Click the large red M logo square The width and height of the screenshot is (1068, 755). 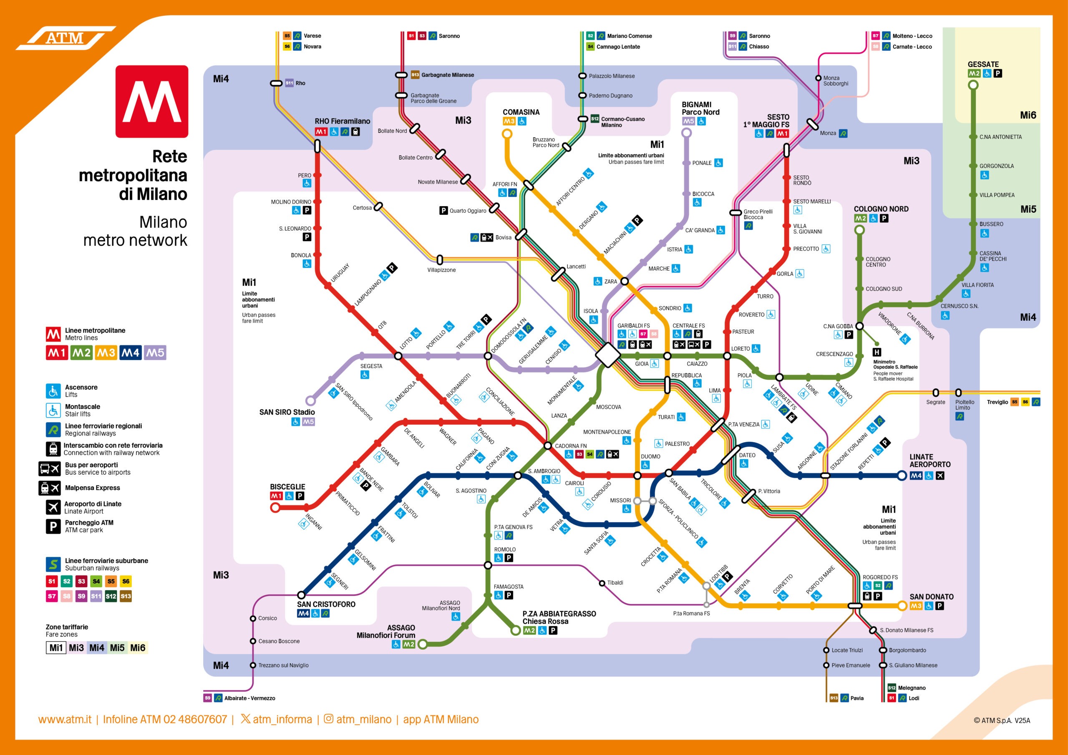151,101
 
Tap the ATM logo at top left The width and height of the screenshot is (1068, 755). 65,38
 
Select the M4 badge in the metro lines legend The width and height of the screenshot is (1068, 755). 130,353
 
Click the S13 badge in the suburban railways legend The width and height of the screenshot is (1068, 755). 126,596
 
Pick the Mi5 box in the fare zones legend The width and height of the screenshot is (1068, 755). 117,647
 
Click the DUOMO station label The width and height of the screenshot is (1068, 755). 650,456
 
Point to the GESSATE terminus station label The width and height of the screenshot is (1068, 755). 983,64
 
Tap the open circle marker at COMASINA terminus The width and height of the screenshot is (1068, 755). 507,134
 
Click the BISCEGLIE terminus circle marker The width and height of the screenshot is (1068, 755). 275,508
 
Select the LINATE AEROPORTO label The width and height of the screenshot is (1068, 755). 930,461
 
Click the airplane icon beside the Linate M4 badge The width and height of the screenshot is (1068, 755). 940,476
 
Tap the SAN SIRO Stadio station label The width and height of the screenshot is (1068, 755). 287,412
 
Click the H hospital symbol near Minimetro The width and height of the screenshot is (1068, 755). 877,352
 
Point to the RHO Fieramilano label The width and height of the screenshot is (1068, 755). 343,121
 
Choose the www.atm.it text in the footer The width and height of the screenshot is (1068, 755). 65,719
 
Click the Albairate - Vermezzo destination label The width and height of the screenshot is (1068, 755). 249,698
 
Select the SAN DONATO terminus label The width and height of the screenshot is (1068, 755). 931,597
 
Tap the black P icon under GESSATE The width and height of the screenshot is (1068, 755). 998,73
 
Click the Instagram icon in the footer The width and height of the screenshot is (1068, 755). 328,719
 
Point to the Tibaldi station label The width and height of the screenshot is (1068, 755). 615,582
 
